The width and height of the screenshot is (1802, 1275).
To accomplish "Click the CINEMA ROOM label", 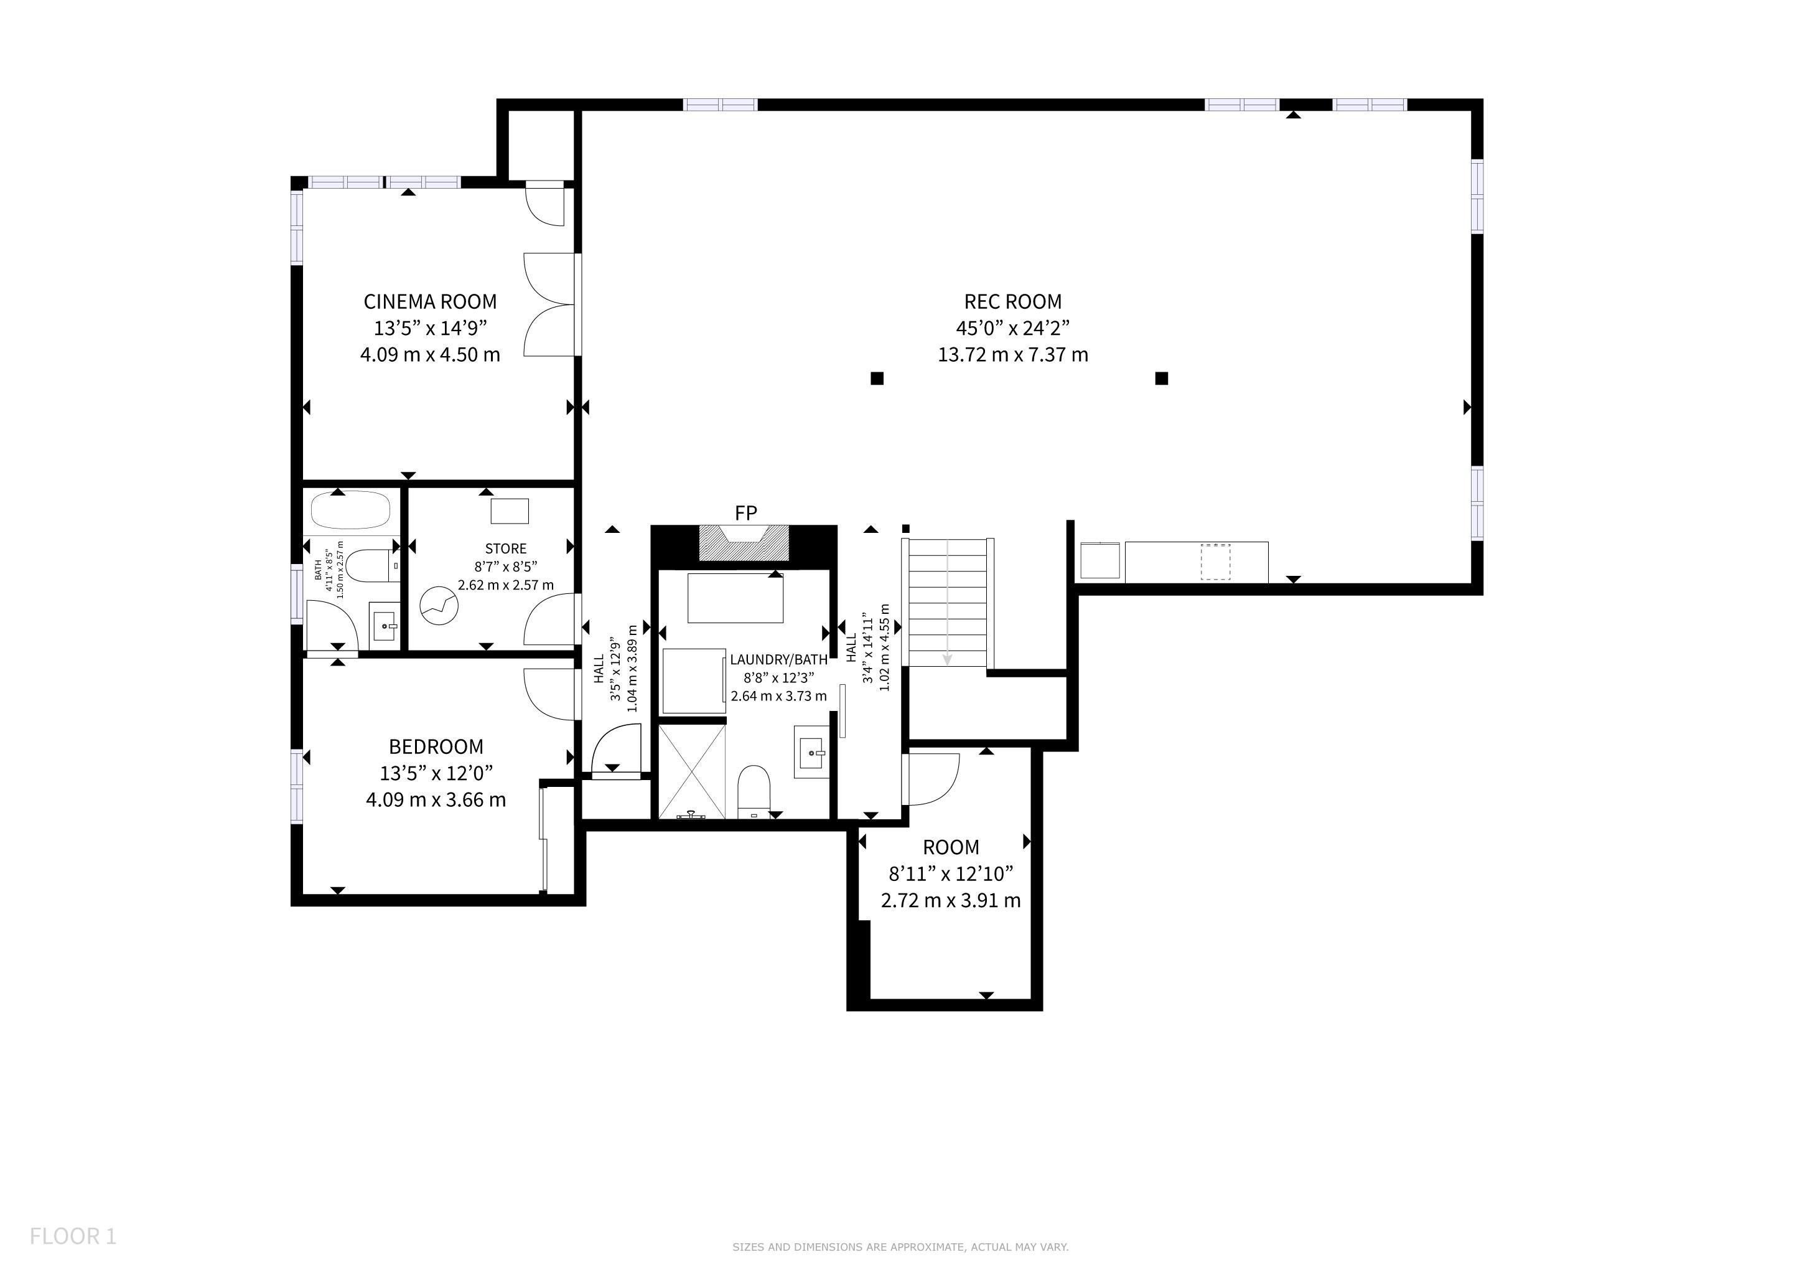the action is click(x=430, y=301).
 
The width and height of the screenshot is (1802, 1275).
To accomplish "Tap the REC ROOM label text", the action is click(x=1012, y=301).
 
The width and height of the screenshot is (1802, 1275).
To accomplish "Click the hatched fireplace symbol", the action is click(x=744, y=543).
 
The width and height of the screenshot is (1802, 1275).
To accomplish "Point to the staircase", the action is click(x=947, y=602).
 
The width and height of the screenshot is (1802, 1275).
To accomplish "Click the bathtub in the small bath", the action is click(x=351, y=510).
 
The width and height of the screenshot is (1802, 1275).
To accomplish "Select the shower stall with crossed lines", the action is click(x=691, y=772).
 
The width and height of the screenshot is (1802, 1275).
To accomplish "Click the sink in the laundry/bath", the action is click(x=811, y=751).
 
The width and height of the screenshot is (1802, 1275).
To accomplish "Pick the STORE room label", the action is click(x=505, y=548).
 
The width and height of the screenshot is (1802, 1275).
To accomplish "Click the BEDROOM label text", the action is click(x=436, y=746).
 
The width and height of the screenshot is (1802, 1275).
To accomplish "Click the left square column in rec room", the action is click(x=877, y=379).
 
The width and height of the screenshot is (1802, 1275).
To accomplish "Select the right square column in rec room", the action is click(x=1162, y=379).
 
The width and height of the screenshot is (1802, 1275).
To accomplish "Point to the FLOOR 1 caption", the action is click(x=73, y=1236).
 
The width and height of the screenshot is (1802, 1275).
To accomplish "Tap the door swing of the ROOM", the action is click(x=930, y=779).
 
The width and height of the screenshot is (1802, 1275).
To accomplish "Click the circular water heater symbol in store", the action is click(x=439, y=606).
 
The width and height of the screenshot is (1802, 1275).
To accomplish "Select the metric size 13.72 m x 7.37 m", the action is click(x=1012, y=355).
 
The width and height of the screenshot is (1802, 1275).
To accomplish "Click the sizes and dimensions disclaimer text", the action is click(x=900, y=1247).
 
